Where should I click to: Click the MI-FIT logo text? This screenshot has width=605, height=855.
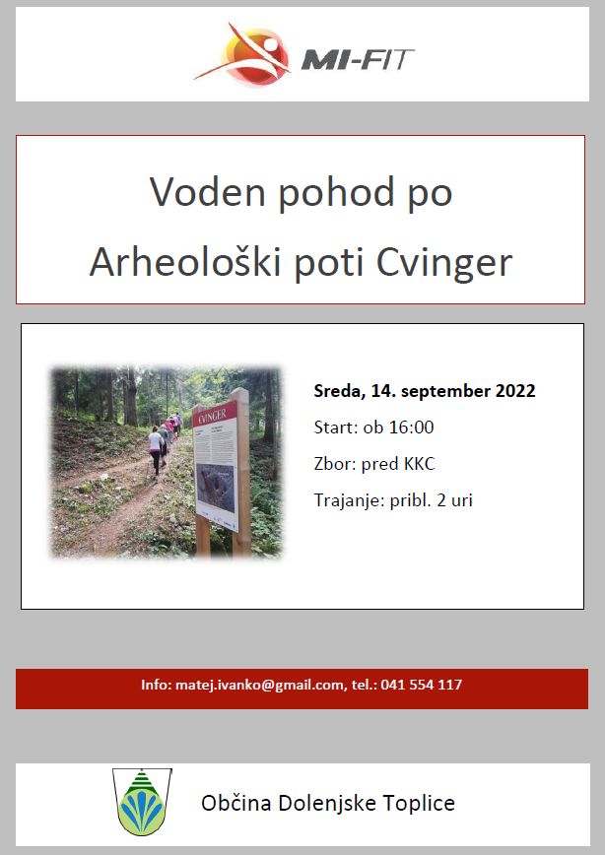click(x=358, y=59)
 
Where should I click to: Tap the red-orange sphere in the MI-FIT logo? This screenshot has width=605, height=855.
click(x=256, y=56)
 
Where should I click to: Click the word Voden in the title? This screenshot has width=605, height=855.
click(x=207, y=192)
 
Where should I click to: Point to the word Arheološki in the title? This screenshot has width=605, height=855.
click(x=185, y=262)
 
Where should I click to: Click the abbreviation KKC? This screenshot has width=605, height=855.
click(x=419, y=464)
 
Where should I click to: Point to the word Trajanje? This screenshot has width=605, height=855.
click(x=349, y=501)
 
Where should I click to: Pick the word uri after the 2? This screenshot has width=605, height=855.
click(x=461, y=500)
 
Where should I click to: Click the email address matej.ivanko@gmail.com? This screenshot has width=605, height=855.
click(x=260, y=685)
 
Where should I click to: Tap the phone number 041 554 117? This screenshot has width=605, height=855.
click(x=421, y=685)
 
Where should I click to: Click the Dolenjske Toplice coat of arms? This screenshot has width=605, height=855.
click(x=142, y=802)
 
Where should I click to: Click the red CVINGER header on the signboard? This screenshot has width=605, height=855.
click(x=214, y=416)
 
